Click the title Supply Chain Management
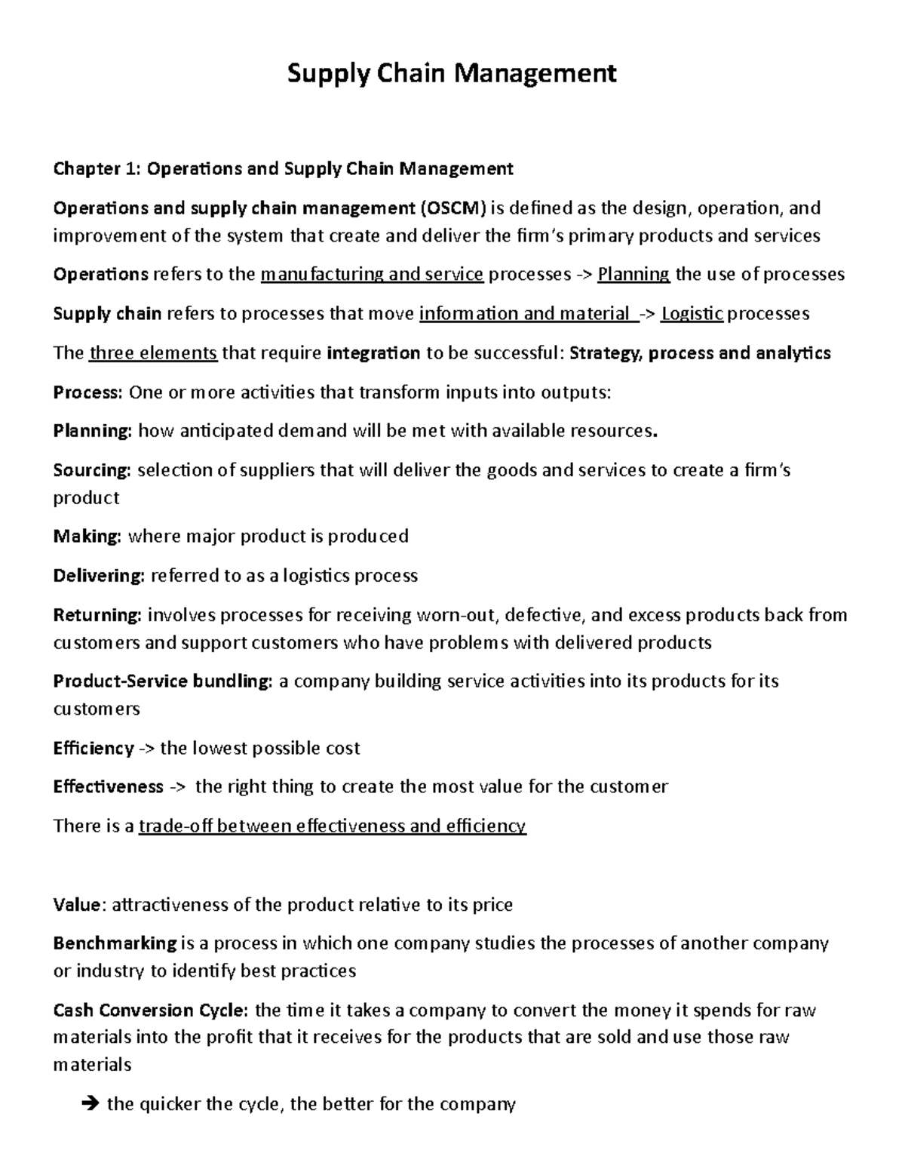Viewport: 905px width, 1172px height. click(x=452, y=73)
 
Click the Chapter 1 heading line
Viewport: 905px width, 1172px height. click(x=283, y=168)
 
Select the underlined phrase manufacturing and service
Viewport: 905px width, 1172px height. click(x=372, y=274)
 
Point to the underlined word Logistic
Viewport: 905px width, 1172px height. click(x=692, y=313)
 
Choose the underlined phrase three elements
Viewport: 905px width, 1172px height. click(x=153, y=352)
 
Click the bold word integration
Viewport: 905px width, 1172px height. click(x=374, y=352)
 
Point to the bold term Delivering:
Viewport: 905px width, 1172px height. click(x=99, y=576)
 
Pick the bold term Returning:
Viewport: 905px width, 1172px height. click(x=97, y=615)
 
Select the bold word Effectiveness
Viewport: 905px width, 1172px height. click(x=108, y=787)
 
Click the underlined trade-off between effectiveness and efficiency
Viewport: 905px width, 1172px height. click(x=333, y=826)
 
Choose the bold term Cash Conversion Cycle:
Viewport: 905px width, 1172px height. click(x=152, y=1010)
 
